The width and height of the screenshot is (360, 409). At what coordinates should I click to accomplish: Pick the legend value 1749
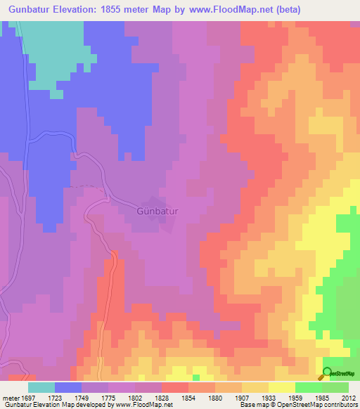[82, 397]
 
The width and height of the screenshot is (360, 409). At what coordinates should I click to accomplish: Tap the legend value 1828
[162, 397]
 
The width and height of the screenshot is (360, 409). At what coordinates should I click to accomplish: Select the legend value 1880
[215, 397]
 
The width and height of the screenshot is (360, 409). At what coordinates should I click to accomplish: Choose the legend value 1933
[269, 397]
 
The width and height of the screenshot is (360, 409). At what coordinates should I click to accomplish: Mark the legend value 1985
[321, 397]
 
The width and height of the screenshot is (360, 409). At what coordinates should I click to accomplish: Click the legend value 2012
[348, 397]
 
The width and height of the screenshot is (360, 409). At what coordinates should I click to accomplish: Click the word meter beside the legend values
[9, 397]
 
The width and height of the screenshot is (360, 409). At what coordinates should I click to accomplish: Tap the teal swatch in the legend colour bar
[41, 387]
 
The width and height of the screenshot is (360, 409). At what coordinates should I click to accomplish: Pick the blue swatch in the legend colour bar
[68, 387]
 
